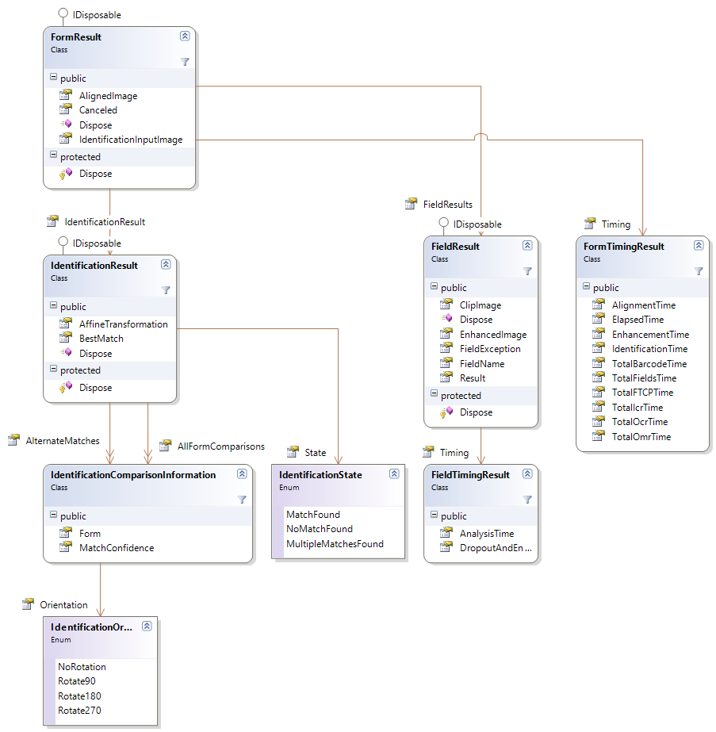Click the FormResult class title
coord(75,37)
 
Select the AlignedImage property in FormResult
coord(108,96)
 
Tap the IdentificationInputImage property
coord(131,140)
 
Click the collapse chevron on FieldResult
coord(527,246)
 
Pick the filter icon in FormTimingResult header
coord(699,270)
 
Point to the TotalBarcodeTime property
coord(649,364)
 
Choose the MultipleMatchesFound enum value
coord(335,544)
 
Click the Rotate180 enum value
coord(79,696)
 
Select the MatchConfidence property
coord(117,548)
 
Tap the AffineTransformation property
coord(123,324)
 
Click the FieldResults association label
coord(448,205)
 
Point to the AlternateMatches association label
coord(63,441)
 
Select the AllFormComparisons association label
coord(220,446)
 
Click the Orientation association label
coord(63,605)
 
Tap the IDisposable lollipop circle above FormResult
coord(63,13)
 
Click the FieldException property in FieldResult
coord(490,349)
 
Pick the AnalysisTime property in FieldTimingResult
coord(487,534)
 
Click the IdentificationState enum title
coord(320,475)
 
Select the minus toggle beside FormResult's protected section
coord(54,155)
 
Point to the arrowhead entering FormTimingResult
coord(643,231)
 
